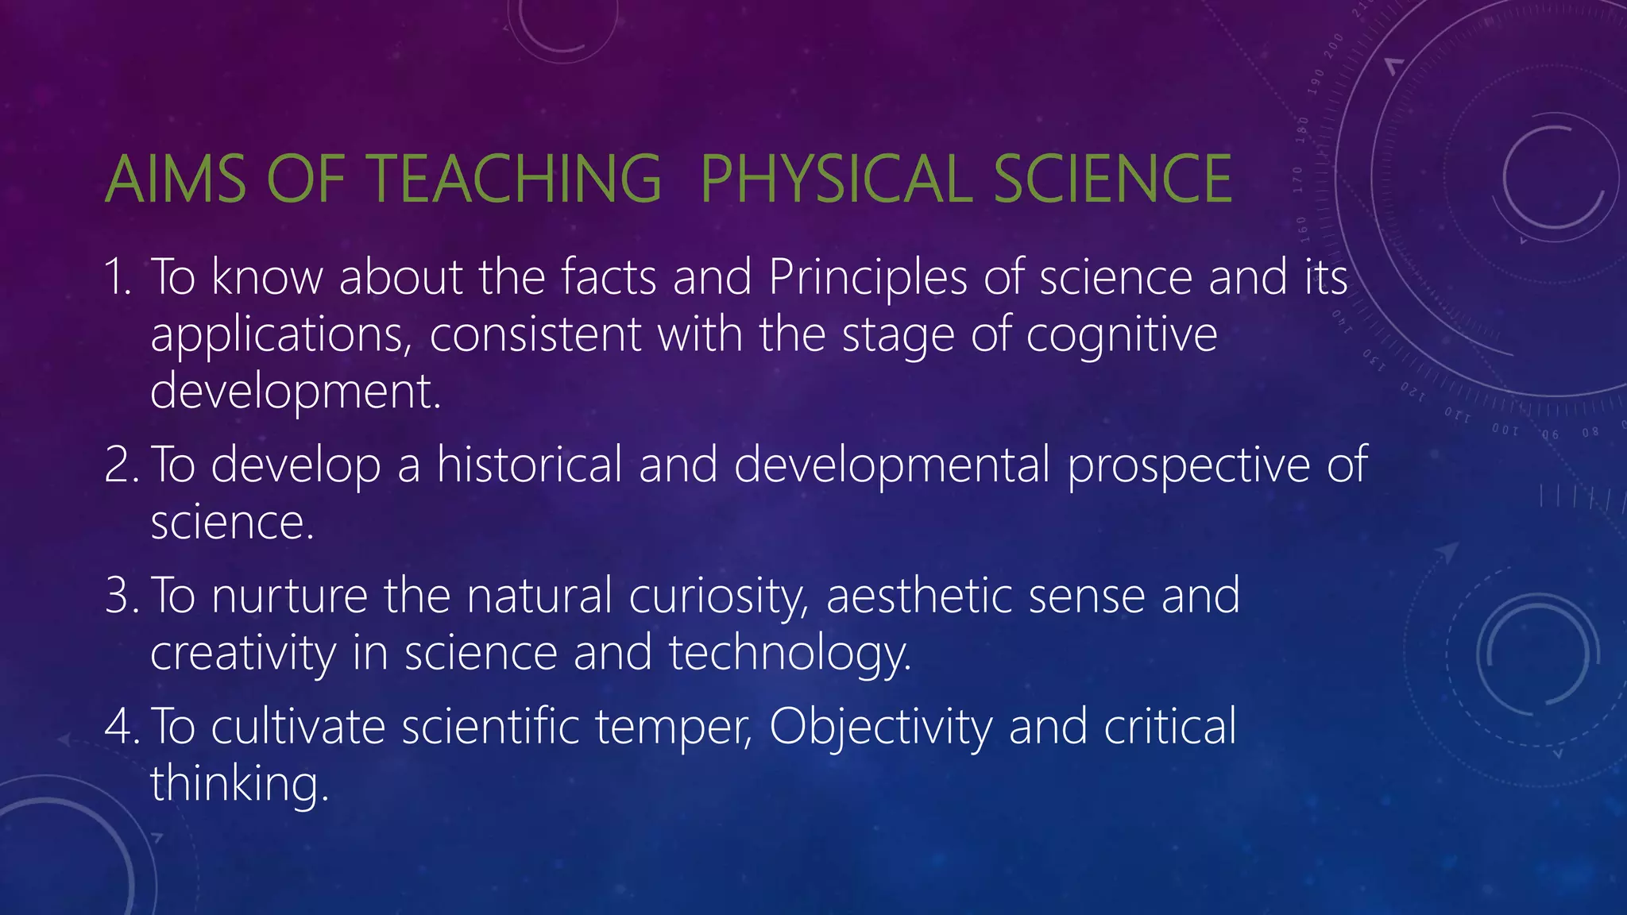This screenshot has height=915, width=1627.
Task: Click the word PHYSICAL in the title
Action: pos(837,179)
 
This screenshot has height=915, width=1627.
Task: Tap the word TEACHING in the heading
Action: pos(513,179)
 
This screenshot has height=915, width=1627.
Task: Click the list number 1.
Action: pos(118,278)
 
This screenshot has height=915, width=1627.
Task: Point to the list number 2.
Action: pos(120,465)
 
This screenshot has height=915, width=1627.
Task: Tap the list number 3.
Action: pos(120,596)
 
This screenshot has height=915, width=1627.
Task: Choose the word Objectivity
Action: pos(880,728)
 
